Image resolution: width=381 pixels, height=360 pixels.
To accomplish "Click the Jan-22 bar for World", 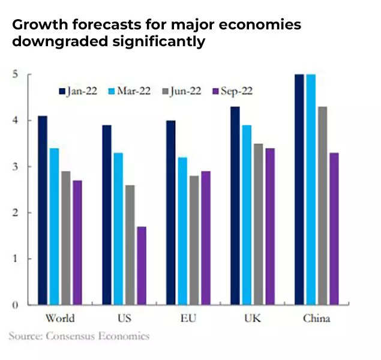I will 42,210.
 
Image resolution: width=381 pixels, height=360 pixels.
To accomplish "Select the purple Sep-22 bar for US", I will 142,265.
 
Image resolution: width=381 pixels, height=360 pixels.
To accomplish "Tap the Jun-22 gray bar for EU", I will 194,240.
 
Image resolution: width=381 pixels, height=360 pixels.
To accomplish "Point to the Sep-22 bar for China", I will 334,229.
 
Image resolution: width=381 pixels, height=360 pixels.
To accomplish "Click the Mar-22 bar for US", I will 118,229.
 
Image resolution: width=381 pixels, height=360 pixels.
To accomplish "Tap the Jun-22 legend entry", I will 180,91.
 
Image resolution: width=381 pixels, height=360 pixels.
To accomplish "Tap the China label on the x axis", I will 316,318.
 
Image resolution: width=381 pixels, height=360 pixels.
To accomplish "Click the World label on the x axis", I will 60,318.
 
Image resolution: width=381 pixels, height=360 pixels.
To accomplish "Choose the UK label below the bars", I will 252,318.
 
